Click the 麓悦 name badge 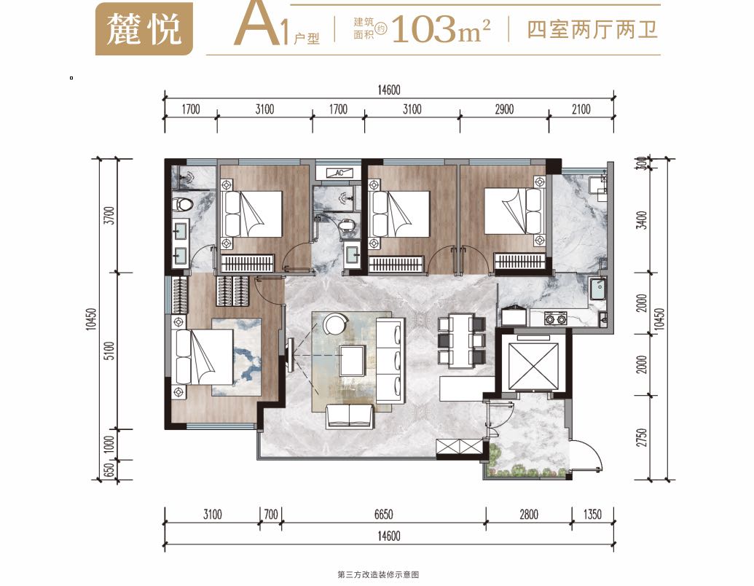[144, 29]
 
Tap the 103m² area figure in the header [441, 29]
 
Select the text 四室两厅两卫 [592, 29]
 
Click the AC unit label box [339, 173]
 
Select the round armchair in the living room [336, 324]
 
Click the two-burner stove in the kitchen [555, 318]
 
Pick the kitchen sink [598, 289]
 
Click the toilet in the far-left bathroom [183, 204]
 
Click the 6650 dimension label [383, 515]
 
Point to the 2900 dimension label [504, 109]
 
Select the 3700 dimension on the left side [110, 215]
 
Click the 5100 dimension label [110, 351]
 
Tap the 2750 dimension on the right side [642, 437]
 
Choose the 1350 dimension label [592, 515]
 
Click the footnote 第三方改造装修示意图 [378, 574]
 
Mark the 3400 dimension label [642, 220]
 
